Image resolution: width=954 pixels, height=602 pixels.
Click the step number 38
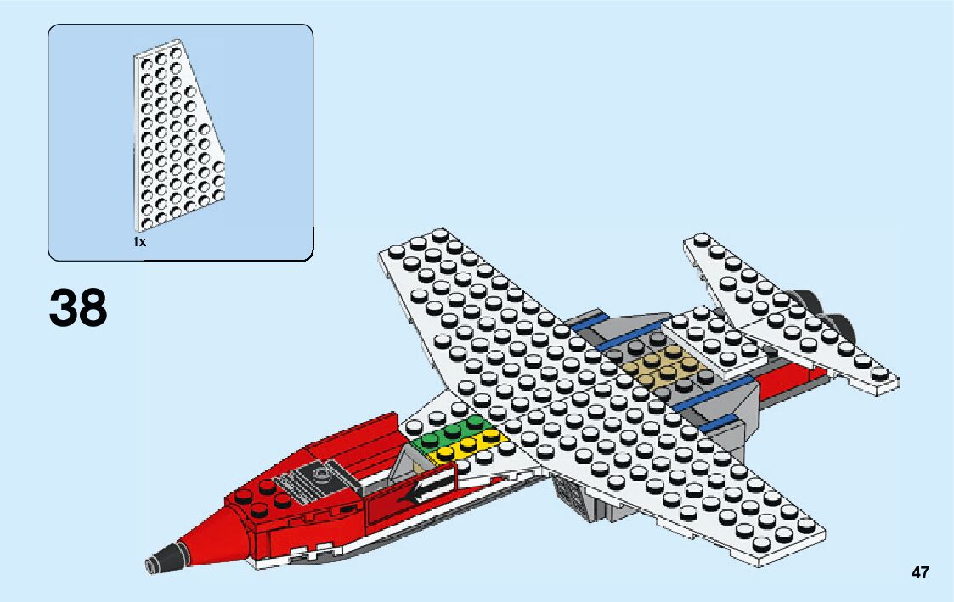tap(79, 307)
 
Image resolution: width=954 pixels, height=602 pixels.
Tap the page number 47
tap(920, 573)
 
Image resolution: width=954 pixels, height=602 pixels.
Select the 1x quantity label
tap(139, 242)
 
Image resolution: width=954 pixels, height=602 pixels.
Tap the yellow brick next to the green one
tap(469, 447)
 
